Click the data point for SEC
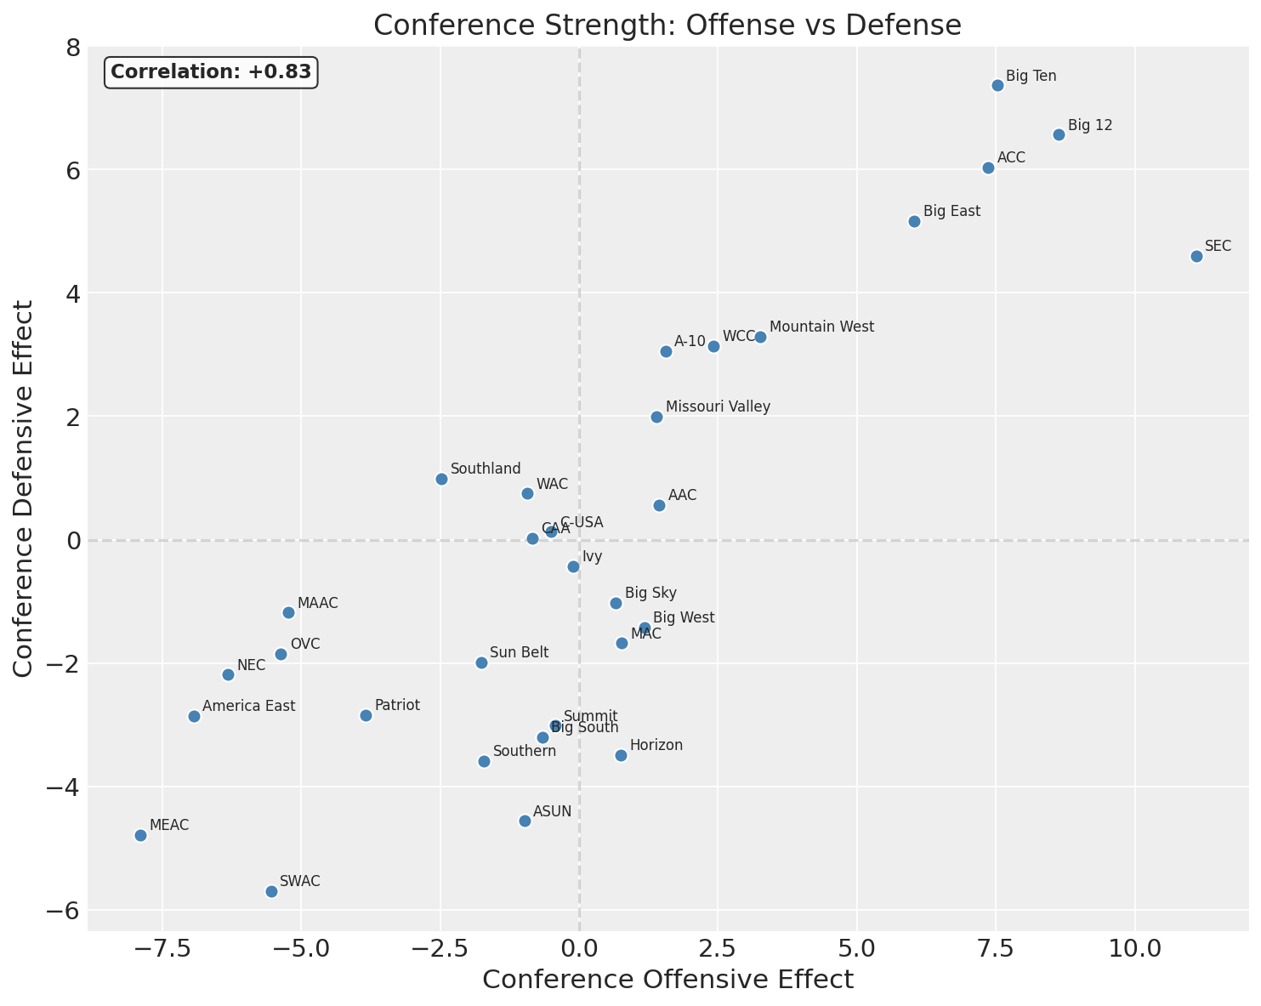click(1196, 256)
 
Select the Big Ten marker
click(997, 85)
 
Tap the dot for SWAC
click(271, 891)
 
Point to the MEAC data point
click(140, 835)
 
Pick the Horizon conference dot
click(621, 755)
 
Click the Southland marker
click(441, 479)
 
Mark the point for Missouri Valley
click(656, 417)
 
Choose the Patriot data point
click(366, 715)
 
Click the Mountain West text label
click(821, 327)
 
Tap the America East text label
click(248, 706)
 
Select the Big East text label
click(951, 211)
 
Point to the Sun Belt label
click(519, 652)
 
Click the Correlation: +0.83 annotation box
click(211, 72)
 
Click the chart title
click(667, 26)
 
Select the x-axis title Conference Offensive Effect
click(667, 980)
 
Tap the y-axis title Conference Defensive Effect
click(24, 488)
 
